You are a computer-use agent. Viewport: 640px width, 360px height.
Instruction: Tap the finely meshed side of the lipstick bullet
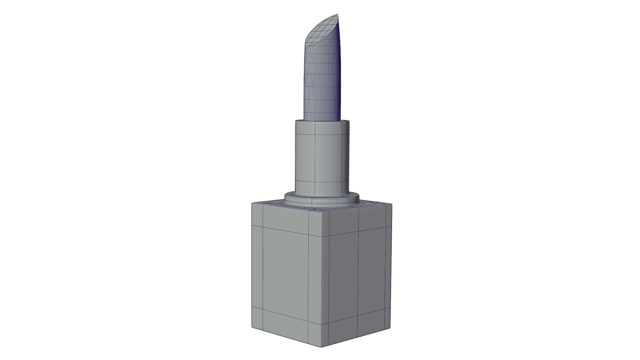point(322,83)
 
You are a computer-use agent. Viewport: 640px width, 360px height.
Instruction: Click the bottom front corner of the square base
point(322,347)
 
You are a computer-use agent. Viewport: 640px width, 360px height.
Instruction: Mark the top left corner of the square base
point(252,203)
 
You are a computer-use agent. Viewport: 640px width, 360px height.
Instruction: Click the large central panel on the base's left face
point(285,270)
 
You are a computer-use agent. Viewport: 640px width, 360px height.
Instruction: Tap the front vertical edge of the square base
point(322,280)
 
